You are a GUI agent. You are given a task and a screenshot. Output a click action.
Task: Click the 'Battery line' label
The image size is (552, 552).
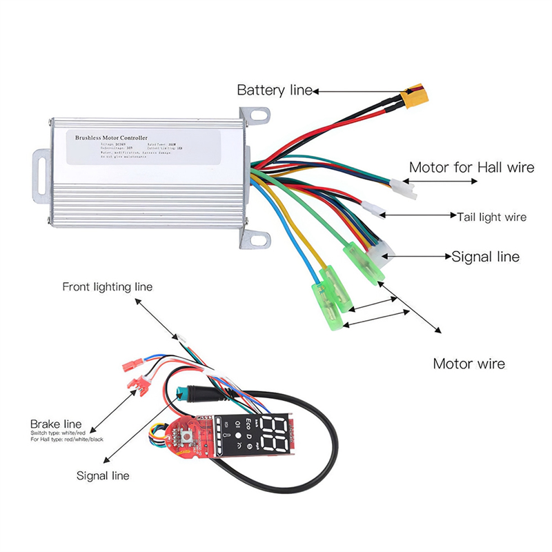[x=274, y=90]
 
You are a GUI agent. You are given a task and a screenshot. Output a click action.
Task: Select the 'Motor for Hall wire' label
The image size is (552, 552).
[x=471, y=168]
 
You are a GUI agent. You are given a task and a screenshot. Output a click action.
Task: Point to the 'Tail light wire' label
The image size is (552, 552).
[x=491, y=217]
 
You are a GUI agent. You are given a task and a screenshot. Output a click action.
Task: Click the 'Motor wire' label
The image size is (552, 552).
[x=469, y=364]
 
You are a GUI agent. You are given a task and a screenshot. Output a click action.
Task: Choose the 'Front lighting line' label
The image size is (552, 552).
[x=107, y=286]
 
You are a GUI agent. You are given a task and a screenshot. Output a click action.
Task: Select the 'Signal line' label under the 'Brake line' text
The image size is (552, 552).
[x=103, y=475]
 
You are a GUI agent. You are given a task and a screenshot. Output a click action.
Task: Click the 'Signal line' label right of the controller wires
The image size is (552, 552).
[x=485, y=257]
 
